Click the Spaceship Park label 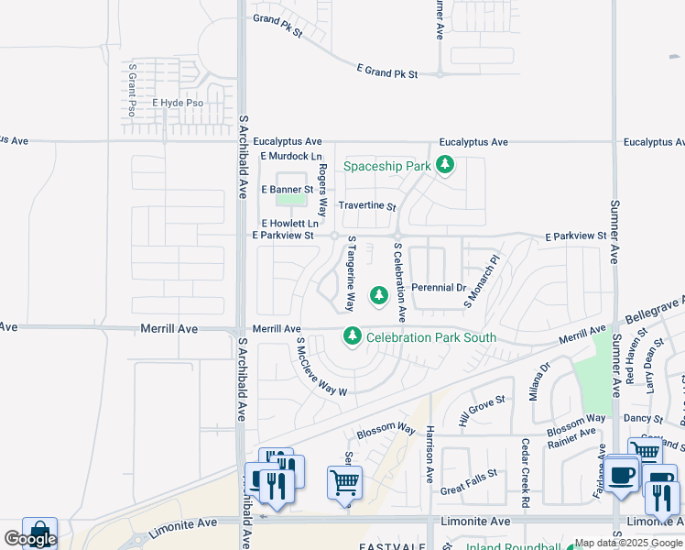coord(386,166)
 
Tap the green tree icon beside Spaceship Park coord(445,165)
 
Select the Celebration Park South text coord(430,337)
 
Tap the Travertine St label coord(366,206)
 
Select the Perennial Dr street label coord(439,288)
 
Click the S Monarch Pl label coord(482,280)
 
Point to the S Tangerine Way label coord(350,273)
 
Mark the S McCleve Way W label coord(321,367)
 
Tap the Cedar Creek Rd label coord(527,473)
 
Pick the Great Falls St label coord(468,482)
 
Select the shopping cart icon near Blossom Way coord(344,482)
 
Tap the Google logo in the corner coord(29,539)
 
